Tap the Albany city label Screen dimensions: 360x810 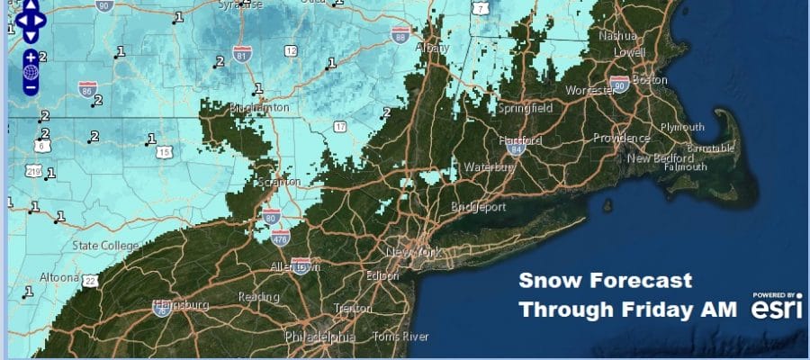point(432,48)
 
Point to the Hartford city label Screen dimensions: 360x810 point(522,140)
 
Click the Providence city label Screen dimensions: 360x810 point(621,138)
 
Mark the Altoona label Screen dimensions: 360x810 point(59,277)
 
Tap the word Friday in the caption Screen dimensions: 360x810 point(658,309)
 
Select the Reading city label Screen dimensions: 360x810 point(252,297)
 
